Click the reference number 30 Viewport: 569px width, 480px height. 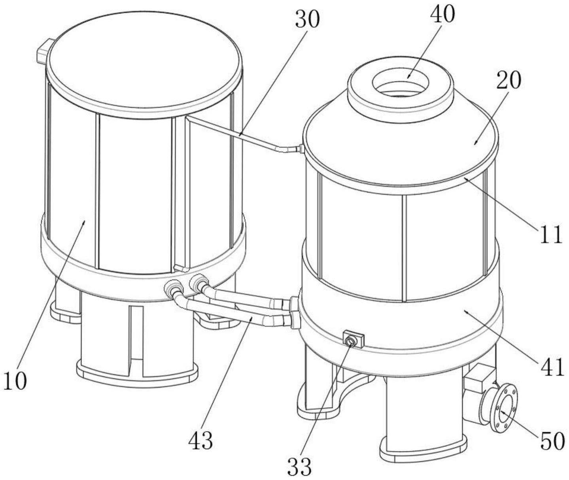tap(307, 20)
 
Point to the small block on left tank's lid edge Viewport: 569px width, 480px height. tap(42, 51)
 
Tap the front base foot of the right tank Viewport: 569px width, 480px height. tap(423, 446)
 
